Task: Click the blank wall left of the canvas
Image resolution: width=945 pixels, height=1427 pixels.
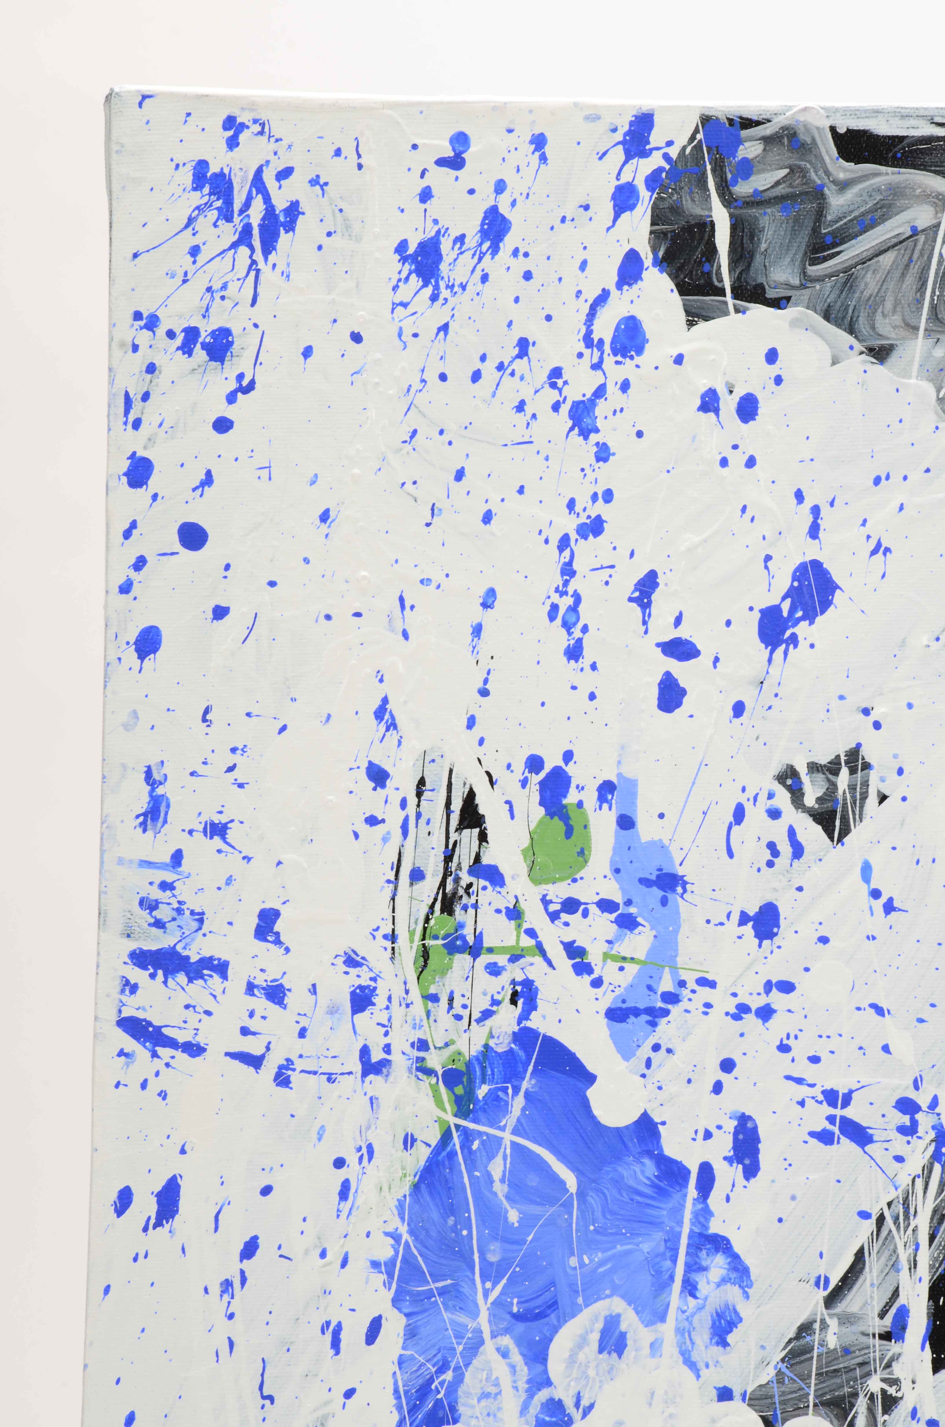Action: click(48, 723)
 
